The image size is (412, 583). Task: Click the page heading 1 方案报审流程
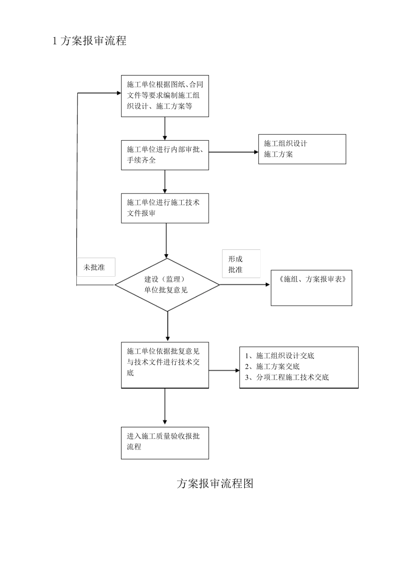89,41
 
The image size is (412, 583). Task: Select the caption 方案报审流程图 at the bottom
215,483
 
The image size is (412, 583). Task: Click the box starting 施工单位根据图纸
165,95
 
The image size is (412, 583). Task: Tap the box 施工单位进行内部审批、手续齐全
165,155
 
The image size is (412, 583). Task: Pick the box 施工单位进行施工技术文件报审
165,208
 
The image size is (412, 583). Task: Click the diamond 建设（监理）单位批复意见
167,285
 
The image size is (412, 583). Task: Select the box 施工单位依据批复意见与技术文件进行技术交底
165,365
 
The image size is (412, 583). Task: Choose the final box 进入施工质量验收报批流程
165,443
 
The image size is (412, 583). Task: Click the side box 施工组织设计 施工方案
302,149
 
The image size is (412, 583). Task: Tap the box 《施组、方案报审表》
311,288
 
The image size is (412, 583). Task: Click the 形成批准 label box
241,264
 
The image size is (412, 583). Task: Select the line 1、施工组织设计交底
280,356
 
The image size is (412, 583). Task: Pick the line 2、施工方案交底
272,367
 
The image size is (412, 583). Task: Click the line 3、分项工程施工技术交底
287,377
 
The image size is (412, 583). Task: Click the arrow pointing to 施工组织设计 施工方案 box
234,152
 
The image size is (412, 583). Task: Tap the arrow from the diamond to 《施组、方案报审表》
245,285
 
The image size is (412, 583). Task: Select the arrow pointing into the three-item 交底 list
225,370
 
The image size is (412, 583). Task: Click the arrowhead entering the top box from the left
118,93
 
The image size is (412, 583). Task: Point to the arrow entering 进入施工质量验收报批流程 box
165,408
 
